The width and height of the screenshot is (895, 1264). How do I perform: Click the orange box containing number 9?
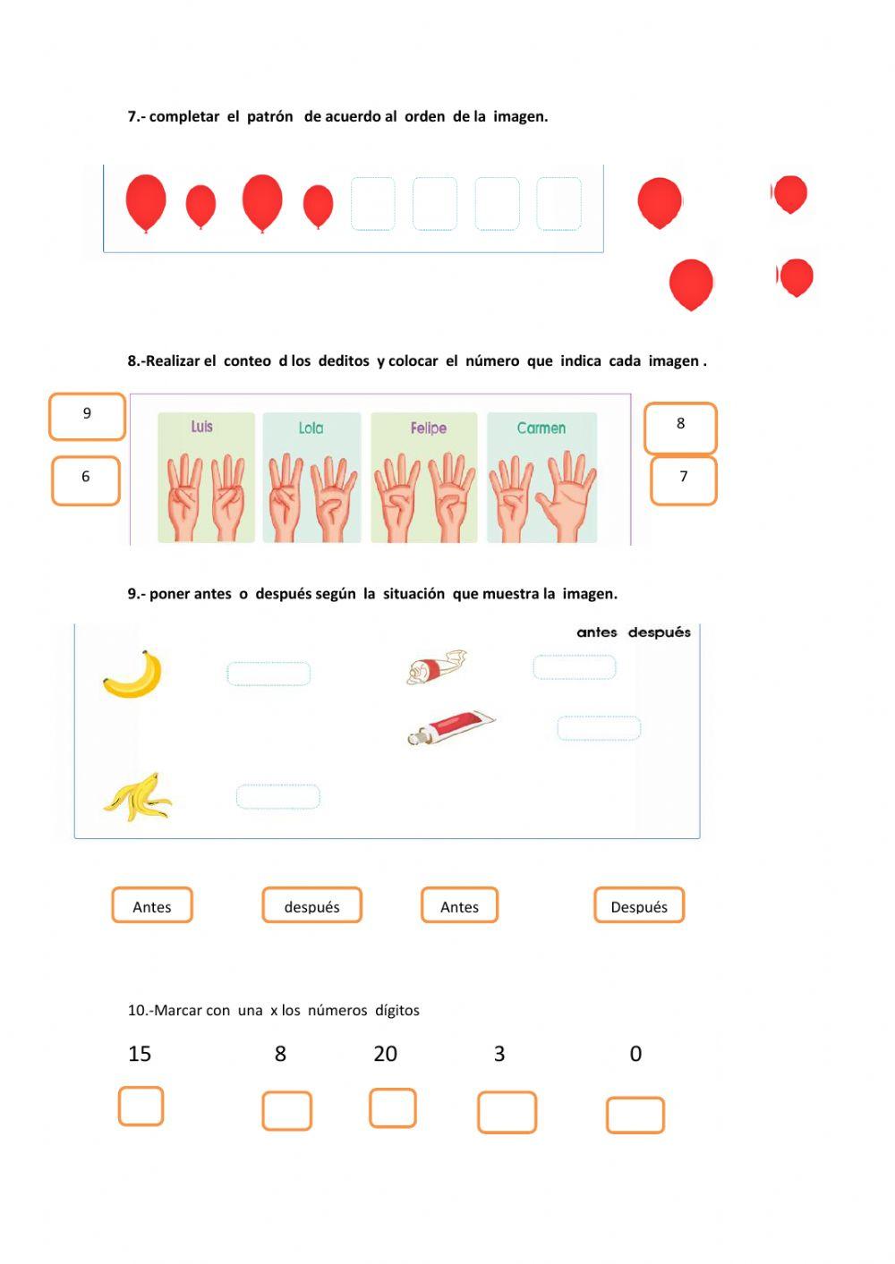pos(87,417)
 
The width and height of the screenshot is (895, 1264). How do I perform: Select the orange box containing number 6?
pos(86,480)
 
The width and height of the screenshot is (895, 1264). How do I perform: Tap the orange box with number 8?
pos(680,428)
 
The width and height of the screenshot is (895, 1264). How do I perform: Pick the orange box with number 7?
pos(683,480)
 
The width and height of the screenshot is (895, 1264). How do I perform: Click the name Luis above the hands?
pos(201,427)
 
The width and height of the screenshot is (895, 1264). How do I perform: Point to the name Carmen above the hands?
pos(541,428)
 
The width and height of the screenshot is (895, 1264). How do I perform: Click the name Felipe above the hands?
pos(428,428)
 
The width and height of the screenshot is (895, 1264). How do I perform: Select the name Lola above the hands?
pos(311,428)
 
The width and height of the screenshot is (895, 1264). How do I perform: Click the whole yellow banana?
pos(134,675)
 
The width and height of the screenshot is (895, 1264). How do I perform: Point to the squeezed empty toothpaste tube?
pos(436,666)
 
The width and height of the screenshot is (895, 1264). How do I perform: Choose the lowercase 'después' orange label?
pos(311,905)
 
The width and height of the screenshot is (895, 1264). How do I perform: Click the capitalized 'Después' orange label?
pos(638,905)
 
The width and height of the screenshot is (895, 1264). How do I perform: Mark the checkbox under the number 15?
pos(141,1106)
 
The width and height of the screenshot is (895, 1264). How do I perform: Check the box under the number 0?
pos(635,1115)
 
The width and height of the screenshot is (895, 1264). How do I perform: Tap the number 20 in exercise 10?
pos(385,1054)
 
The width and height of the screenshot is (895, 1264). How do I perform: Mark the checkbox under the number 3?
pos(507,1112)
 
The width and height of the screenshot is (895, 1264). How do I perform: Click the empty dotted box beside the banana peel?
pos(277,796)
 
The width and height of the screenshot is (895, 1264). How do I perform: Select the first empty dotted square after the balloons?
pos(372,204)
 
